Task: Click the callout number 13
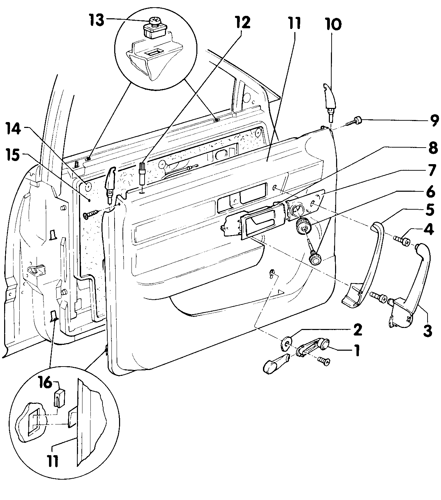click(97, 20)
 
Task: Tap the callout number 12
click(243, 23)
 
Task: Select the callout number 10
click(333, 24)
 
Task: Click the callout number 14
click(13, 129)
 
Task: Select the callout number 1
click(357, 351)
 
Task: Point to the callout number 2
click(357, 329)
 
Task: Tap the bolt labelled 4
click(402, 240)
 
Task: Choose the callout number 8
click(433, 149)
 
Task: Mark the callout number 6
click(431, 191)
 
